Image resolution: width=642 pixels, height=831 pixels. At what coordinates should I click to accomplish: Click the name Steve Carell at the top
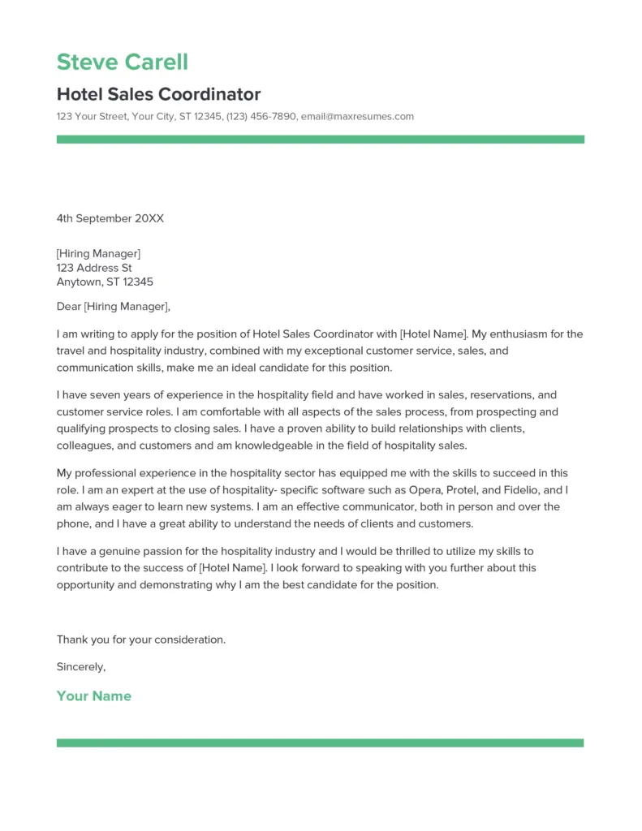122,62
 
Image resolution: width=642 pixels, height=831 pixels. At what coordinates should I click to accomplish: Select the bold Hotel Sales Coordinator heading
158,94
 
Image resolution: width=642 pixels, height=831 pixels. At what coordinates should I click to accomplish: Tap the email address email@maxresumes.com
357,116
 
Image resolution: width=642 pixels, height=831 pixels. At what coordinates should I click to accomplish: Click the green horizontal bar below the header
320,140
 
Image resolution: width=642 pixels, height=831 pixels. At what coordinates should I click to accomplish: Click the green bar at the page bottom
320,743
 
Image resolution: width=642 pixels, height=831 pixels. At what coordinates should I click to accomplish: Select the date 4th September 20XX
110,218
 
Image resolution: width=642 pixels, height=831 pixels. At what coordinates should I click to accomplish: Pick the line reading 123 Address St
94,268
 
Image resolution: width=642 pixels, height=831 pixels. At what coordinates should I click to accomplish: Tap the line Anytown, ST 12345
105,282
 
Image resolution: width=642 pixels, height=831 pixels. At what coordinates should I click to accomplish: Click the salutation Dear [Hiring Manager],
114,307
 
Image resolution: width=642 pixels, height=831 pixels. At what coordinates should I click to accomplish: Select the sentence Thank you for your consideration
141,639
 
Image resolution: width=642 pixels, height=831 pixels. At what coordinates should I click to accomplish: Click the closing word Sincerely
80,666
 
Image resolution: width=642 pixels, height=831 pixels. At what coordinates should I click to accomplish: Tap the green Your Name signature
93,696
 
